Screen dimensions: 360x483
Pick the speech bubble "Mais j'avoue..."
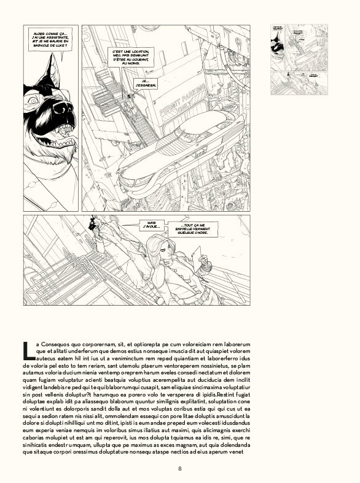(151, 226)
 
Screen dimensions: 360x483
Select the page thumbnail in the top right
(299, 59)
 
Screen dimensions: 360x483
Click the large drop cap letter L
(28, 350)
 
